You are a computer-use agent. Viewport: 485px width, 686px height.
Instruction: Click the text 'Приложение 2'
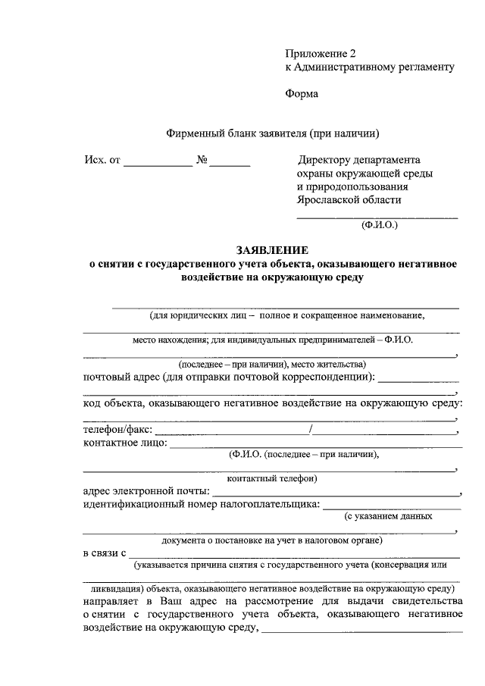pos(320,53)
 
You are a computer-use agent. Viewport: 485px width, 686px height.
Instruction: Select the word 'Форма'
pos(302,94)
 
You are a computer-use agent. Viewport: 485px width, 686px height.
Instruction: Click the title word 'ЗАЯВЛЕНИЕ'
pos(272,250)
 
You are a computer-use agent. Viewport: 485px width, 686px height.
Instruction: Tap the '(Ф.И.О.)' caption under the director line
pos(376,224)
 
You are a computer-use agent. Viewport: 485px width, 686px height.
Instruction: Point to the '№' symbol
pos(202,160)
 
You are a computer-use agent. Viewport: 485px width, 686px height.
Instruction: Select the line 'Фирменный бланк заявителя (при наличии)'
pos(272,134)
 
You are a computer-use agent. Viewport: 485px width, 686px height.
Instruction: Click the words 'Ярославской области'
pos(349,200)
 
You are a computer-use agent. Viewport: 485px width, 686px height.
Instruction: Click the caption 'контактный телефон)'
pos(272,478)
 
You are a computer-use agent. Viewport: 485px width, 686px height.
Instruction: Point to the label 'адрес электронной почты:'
pos(147,491)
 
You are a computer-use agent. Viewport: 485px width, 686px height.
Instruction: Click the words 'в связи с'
pos(104,553)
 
